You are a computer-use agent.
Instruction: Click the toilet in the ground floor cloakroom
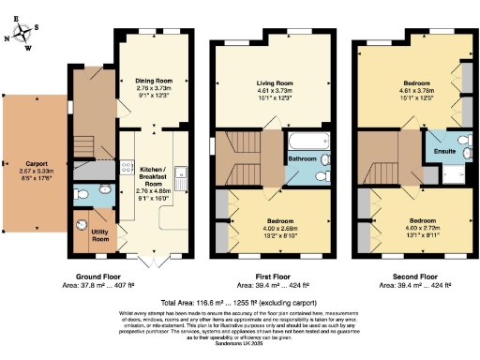[x=83, y=195]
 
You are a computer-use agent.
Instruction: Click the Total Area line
[x=240, y=302]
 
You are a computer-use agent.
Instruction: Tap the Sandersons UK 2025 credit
[x=240, y=345]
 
